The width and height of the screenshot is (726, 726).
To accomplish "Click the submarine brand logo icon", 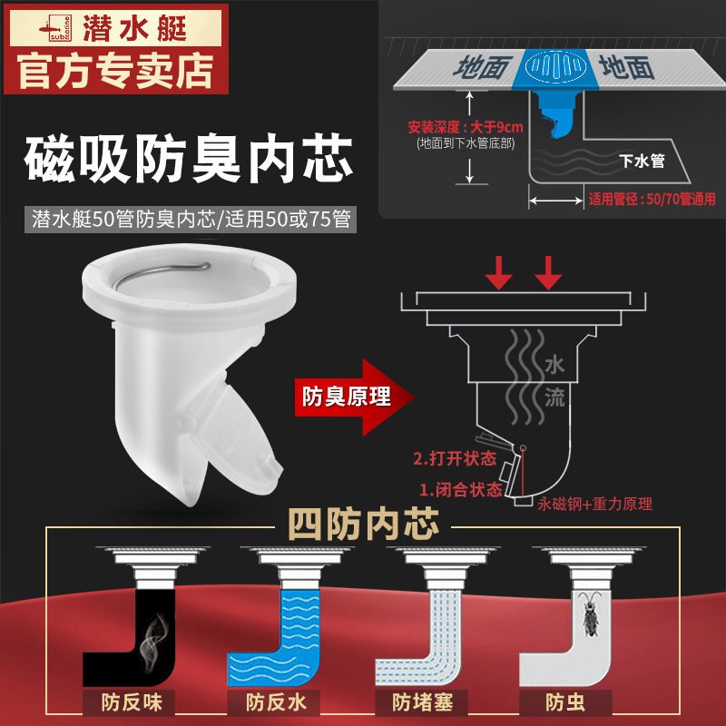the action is coord(55,29).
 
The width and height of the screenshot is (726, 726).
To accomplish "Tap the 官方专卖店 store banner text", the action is coord(116,71).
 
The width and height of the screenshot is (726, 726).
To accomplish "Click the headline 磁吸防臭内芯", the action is coord(189,158).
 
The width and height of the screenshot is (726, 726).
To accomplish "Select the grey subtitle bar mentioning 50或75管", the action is coord(191,219).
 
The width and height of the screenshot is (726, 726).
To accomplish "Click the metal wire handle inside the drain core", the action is coord(162,275).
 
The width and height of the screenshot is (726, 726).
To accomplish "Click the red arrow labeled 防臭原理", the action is coord(354,397).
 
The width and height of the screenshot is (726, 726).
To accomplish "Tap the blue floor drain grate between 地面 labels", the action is coord(555,66).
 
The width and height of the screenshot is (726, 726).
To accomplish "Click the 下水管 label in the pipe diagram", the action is coord(642,161).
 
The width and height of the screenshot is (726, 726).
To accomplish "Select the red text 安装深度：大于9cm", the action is coord(466,127).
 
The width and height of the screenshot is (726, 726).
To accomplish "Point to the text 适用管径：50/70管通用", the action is coord(652,199).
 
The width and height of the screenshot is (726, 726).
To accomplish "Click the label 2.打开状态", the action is coord(455,458).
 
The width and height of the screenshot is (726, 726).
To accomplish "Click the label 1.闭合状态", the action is coord(461,489).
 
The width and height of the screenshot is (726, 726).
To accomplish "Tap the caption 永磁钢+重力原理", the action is coord(595,504).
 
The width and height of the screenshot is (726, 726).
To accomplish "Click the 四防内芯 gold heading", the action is coord(364,525).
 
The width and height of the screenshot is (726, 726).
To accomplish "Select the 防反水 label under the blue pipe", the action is coord(276,702).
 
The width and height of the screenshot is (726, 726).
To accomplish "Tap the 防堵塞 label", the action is coord(422,702).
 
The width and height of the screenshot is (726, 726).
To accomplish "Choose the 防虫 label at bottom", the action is coord(565,702).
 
